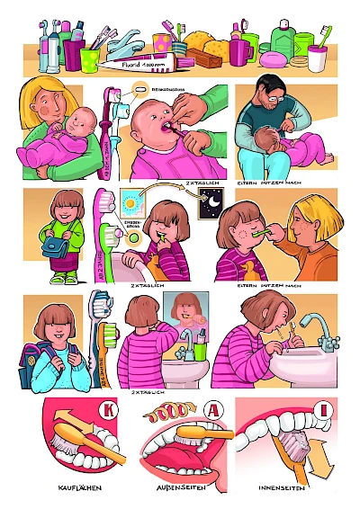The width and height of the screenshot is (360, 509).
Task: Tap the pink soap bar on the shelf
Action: pos(272,58)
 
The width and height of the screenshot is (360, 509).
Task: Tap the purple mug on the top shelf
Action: pos(239,52)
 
